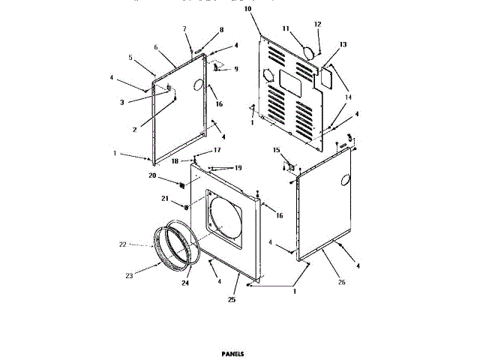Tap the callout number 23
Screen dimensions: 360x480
[129, 276]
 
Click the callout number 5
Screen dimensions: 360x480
[130, 58]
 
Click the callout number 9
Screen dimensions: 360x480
[235, 69]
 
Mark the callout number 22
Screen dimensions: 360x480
[124, 244]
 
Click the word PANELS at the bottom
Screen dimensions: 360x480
[232, 353]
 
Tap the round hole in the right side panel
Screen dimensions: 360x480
[345, 180]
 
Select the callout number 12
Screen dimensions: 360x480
[317, 25]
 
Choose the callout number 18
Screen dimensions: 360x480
[174, 161]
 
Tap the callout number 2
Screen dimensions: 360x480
[134, 129]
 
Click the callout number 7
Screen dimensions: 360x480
[184, 28]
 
